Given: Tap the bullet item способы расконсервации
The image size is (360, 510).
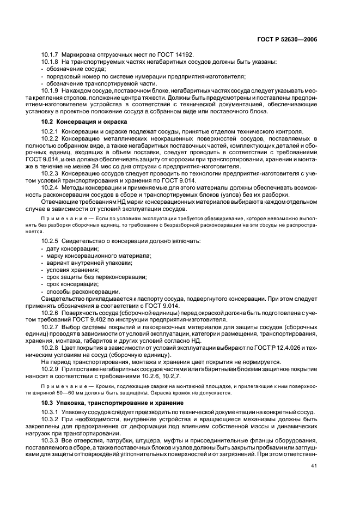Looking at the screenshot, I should tap(79, 291).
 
